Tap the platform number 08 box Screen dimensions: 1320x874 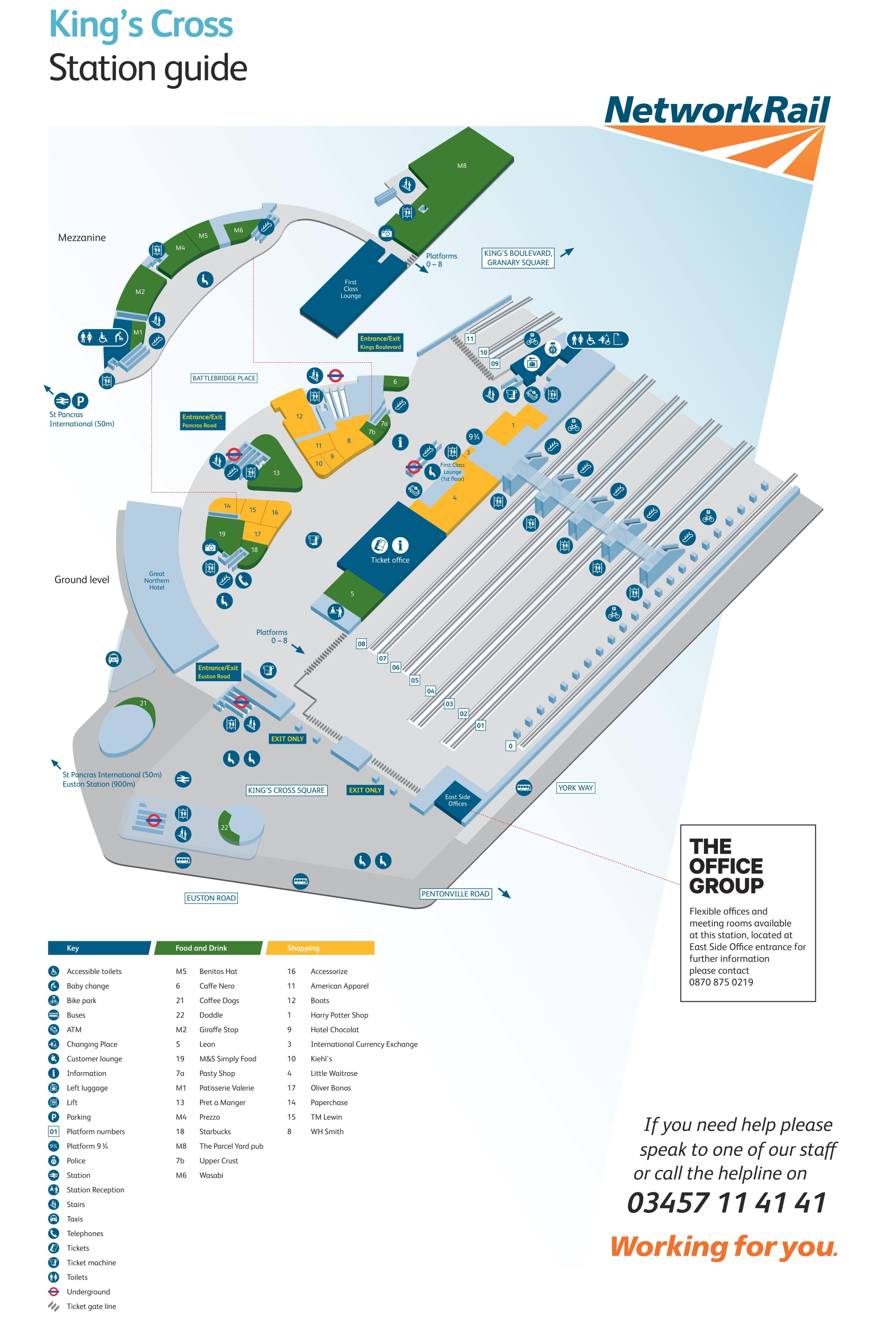pos(361,643)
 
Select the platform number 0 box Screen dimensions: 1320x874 pos(510,745)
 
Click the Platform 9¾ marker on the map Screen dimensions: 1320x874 pos(474,437)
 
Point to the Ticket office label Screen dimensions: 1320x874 pos(390,560)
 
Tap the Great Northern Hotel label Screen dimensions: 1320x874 pos(157,580)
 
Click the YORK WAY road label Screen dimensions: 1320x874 pos(575,787)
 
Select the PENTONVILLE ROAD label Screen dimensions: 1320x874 pos(455,894)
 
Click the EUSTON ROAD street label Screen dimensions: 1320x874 pos(211,898)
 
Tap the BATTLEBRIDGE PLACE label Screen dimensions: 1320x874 pos(224,378)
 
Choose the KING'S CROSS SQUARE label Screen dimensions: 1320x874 pos(286,790)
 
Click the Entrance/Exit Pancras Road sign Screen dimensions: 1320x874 pos(202,421)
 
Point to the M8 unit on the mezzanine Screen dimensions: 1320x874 pos(461,165)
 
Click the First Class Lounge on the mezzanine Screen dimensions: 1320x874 pos(351,288)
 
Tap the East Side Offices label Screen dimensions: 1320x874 pos(457,800)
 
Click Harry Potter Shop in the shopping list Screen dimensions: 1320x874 pos(339,1015)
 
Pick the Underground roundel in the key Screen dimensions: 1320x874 pos(54,1291)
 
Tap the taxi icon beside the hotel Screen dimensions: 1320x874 pos(113,659)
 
